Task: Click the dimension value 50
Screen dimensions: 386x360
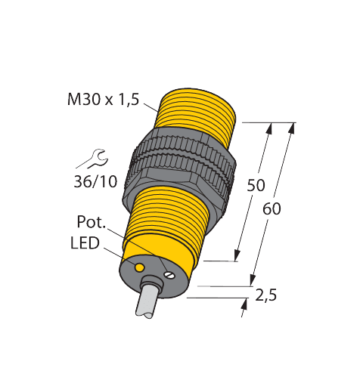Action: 256,185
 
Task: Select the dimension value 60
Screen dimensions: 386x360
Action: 272,208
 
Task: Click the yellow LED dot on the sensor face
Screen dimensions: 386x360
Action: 139,268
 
